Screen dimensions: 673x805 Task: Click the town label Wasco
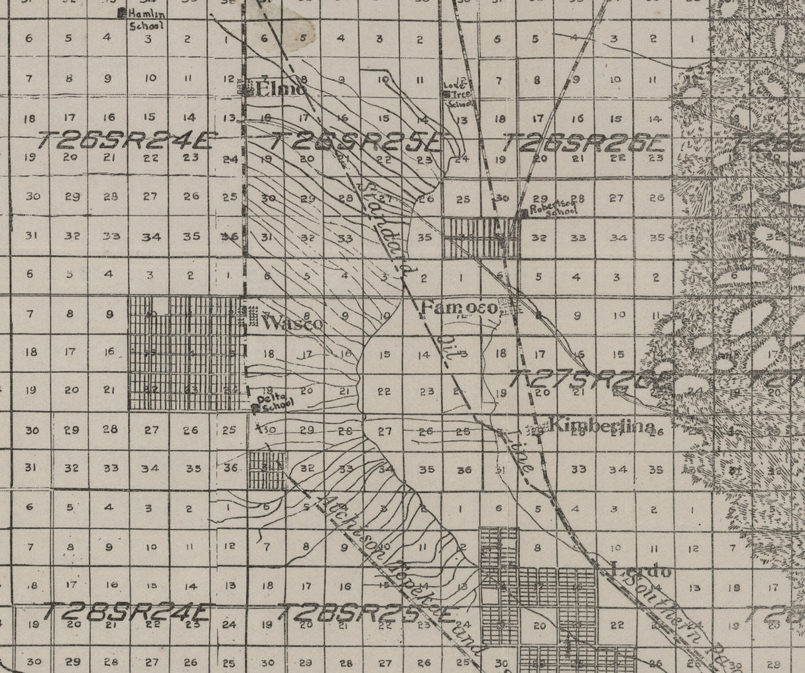point(292,324)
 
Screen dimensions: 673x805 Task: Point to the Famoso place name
point(459,308)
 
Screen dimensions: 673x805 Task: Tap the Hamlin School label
point(148,19)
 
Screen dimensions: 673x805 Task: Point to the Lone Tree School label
point(460,93)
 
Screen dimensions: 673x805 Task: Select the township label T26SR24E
point(126,141)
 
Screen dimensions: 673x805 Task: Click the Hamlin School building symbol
point(121,13)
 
